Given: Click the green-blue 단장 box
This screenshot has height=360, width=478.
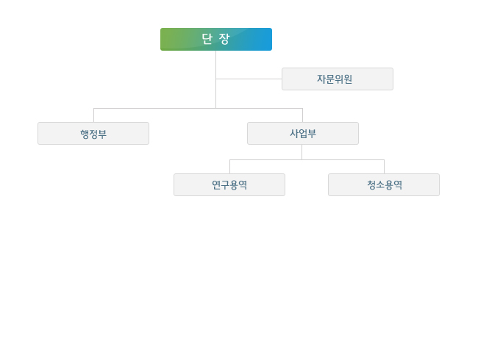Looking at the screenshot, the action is click(216, 39).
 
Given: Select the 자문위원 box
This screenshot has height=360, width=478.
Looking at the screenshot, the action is click(338, 79).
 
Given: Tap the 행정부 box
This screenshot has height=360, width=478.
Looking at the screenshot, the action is click(93, 134).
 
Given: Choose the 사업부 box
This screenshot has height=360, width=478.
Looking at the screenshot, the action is click(303, 134).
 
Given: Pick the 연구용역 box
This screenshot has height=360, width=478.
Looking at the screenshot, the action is click(229, 185).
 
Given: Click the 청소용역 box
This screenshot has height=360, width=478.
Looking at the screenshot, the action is click(384, 185).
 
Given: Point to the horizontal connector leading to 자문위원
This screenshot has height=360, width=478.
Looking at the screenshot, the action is click(249, 79).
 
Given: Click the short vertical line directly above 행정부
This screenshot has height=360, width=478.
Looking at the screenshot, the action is click(93, 115).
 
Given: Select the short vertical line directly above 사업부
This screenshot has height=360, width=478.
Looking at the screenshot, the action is click(302, 115).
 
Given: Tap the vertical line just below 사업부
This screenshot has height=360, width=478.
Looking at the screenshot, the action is click(302, 152).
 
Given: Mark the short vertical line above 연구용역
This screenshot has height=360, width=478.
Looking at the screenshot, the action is click(230, 167).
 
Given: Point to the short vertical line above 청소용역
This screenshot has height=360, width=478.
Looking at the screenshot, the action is click(384, 167).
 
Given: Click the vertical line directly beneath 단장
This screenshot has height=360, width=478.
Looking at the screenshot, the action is click(215, 79).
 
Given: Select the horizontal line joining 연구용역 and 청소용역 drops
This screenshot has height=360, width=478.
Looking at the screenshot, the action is click(307, 159).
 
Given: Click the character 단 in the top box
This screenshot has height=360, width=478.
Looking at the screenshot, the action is click(207, 39).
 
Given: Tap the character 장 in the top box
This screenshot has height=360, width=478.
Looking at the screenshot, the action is click(224, 39).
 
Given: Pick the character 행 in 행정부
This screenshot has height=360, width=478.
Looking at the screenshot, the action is click(85, 134).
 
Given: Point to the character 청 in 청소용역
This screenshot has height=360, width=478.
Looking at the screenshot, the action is click(371, 185).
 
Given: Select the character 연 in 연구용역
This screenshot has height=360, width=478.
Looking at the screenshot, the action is click(216, 185).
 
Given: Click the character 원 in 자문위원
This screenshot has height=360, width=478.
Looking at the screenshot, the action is click(348, 79).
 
